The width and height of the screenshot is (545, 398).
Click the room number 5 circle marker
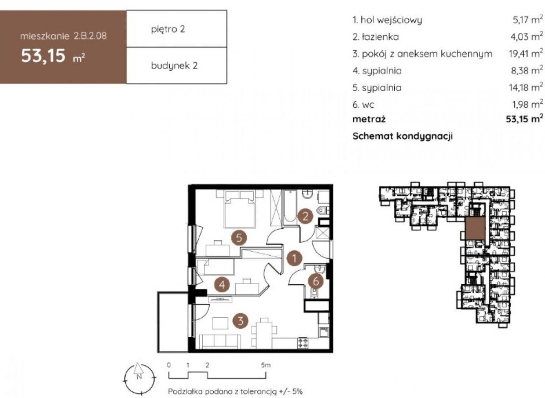(x=239, y=238)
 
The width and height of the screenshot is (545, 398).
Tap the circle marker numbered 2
(x=305, y=216)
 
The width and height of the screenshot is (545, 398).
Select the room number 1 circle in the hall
(x=294, y=258)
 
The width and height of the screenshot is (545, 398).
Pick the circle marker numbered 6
(x=315, y=282)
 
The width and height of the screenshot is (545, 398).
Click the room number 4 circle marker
(x=222, y=284)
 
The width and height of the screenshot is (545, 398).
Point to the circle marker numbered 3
(x=241, y=321)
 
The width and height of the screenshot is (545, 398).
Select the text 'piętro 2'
(x=168, y=29)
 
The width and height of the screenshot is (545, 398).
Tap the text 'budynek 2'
(x=174, y=66)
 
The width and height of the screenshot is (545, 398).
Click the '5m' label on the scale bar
(x=265, y=365)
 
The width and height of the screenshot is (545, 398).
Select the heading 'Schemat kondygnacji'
(x=403, y=136)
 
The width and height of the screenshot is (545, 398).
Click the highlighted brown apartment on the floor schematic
(x=475, y=228)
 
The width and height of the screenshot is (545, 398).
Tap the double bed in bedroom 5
(x=240, y=209)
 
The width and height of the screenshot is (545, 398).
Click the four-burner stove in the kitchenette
(x=303, y=343)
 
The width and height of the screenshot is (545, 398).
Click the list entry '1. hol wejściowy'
(x=388, y=20)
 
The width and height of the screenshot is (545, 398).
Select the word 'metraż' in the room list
(x=369, y=119)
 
